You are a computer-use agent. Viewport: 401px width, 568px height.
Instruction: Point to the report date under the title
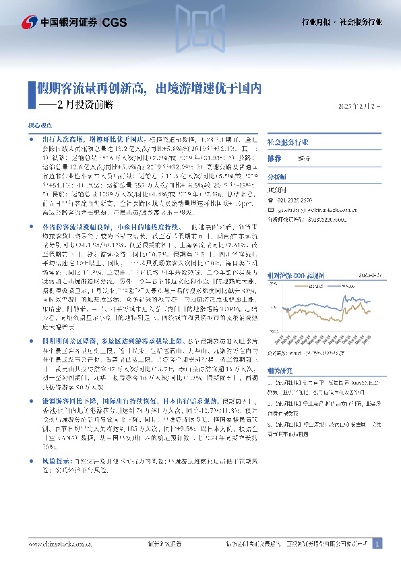tap(357, 107)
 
